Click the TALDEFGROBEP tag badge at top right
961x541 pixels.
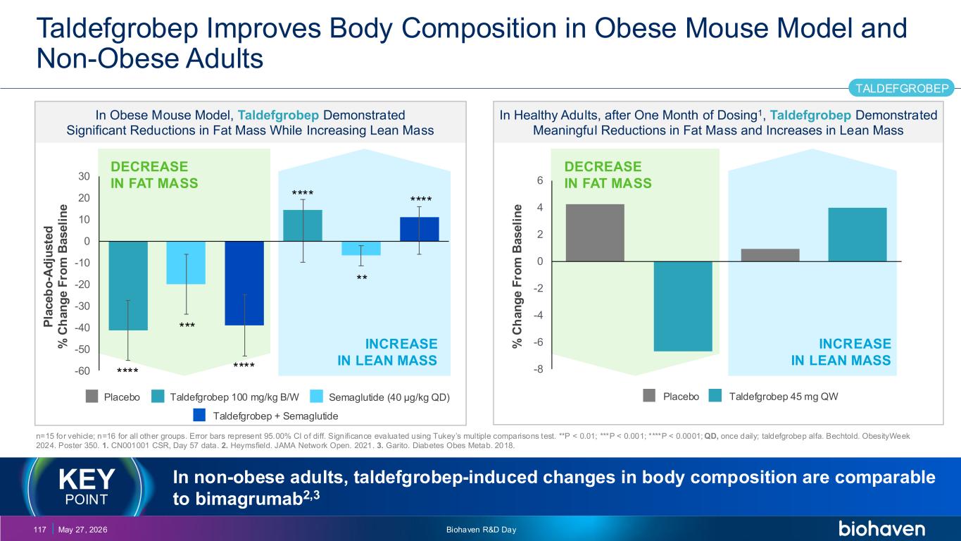coord(902,88)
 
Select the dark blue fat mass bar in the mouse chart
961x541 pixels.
coord(244,283)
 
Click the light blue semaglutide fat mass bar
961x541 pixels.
coord(186,262)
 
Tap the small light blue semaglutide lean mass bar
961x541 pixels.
coord(360,248)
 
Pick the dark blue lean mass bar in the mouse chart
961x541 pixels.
coord(419,229)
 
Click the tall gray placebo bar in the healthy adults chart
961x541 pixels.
coord(595,232)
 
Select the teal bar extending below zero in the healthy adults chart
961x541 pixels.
coord(683,306)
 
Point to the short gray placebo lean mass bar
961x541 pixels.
coord(770,255)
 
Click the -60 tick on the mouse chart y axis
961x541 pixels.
coord(82,371)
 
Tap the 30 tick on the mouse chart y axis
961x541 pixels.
coord(84,177)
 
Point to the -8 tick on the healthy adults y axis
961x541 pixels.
coord(538,369)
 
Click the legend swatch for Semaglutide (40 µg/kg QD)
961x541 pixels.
coord(316,397)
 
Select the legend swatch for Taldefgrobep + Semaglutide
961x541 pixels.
coord(199,415)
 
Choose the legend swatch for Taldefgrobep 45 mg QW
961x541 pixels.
coord(715,395)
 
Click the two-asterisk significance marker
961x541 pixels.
coord(362,278)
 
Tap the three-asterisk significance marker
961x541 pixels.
coord(187,325)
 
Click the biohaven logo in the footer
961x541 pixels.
coord(882,528)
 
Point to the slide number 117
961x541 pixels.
coord(40,530)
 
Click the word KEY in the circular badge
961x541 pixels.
coord(87,479)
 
